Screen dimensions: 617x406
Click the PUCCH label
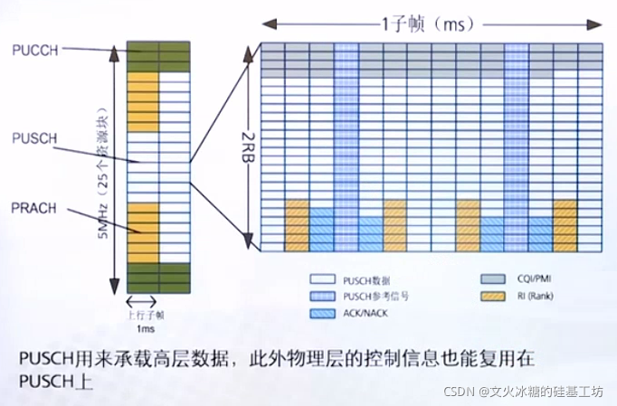pyautogui.click(x=36, y=52)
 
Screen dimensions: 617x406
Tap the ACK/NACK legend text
pyautogui.click(x=366, y=312)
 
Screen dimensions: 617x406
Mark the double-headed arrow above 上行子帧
pyautogui.click(x=142, y=302)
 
